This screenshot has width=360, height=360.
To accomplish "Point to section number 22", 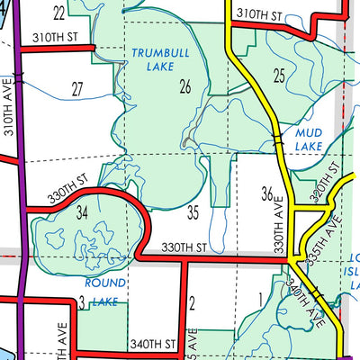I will pyautogui.click(x=58, y=13).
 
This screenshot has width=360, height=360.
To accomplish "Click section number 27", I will pyautogui.click(x=77, y=89).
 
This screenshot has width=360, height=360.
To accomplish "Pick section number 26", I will pyautogui.click(x=185, y=86).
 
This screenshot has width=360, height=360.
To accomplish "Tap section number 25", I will pyautogui.click(x=279, y=74).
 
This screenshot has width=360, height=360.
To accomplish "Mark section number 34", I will pyautogui.click(x=82, y=212).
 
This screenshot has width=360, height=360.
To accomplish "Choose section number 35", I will pyautogui.click(x=193, y=213).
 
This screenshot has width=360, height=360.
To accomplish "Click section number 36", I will pyautogui.click(x=266, y=193).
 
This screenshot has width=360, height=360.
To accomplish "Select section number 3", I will pyautogui.click(x=81, y=301).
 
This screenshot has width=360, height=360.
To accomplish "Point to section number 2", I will pyautogui.click(x=193, y=301).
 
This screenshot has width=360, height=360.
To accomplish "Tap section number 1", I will pyautogui.click(x=260, y=300).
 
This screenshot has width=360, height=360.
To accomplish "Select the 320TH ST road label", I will pyautogui.click(x=327, y=183).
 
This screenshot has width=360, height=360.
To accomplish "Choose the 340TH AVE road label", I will pyautogui.click(x=310, y=301).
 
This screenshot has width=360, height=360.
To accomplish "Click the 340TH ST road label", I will pyautogui.click(x=151, y=343).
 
